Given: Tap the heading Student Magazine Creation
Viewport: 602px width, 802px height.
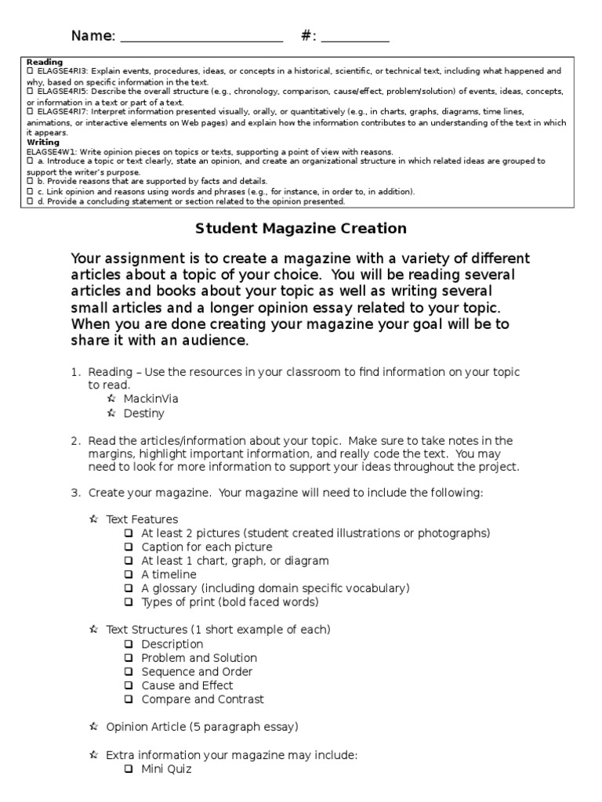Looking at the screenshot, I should click(300, 229).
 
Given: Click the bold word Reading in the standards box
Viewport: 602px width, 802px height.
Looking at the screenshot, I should click(45, 62).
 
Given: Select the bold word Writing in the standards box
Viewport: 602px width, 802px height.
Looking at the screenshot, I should click(43, 143).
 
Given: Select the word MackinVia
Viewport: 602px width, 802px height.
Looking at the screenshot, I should click(151, 399).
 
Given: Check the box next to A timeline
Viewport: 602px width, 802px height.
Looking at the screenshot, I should click(129, 575).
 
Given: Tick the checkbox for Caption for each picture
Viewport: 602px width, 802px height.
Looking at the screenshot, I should click(129, 547).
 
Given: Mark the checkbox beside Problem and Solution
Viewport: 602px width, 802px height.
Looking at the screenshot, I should click(129, 658).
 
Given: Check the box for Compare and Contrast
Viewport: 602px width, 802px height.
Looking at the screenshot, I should click(129, 699).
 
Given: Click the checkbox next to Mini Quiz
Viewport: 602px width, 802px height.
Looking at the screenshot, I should click(129, 769).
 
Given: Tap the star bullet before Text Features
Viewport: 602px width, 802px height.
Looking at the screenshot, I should click(93, 519).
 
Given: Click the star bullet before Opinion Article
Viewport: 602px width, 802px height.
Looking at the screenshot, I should click(93, 727).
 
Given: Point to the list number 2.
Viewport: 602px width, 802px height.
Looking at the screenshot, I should click(75, 441).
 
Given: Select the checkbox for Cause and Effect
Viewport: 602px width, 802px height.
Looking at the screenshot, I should click(129, 685).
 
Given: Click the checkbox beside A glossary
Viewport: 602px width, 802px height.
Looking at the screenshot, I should click(129, 588).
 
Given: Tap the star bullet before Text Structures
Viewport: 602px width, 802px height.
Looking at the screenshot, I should click(93, 630).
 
